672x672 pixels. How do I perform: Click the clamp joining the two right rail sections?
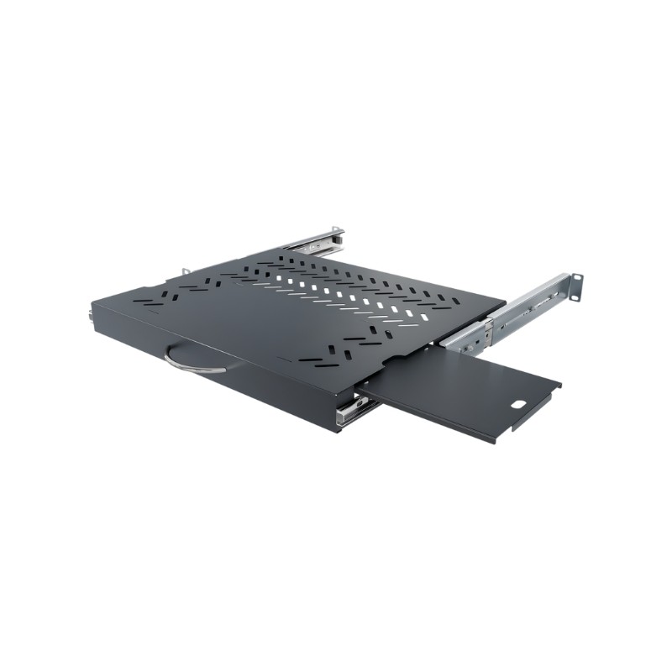(x=488, y=323)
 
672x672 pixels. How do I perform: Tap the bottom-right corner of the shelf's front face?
(x=336, y=431)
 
